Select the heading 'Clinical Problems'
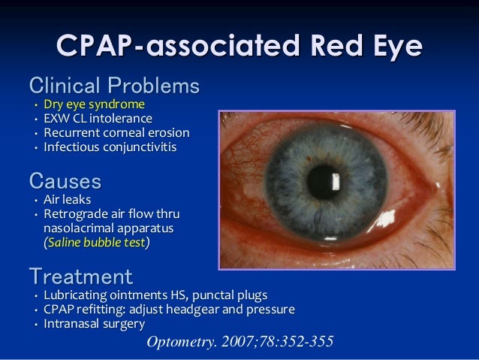[114, 85]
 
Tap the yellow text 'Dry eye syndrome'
[94, 104]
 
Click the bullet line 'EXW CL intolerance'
[98, 119]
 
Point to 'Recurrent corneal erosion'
[116, 133]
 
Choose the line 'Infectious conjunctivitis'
[110, 147]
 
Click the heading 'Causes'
[65, 180]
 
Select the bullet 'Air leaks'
[67, 200]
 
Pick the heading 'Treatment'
[80, 275]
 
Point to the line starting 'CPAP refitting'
[169, 309]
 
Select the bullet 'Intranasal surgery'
[94, 324]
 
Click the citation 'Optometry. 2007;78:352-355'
[239, 342]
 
